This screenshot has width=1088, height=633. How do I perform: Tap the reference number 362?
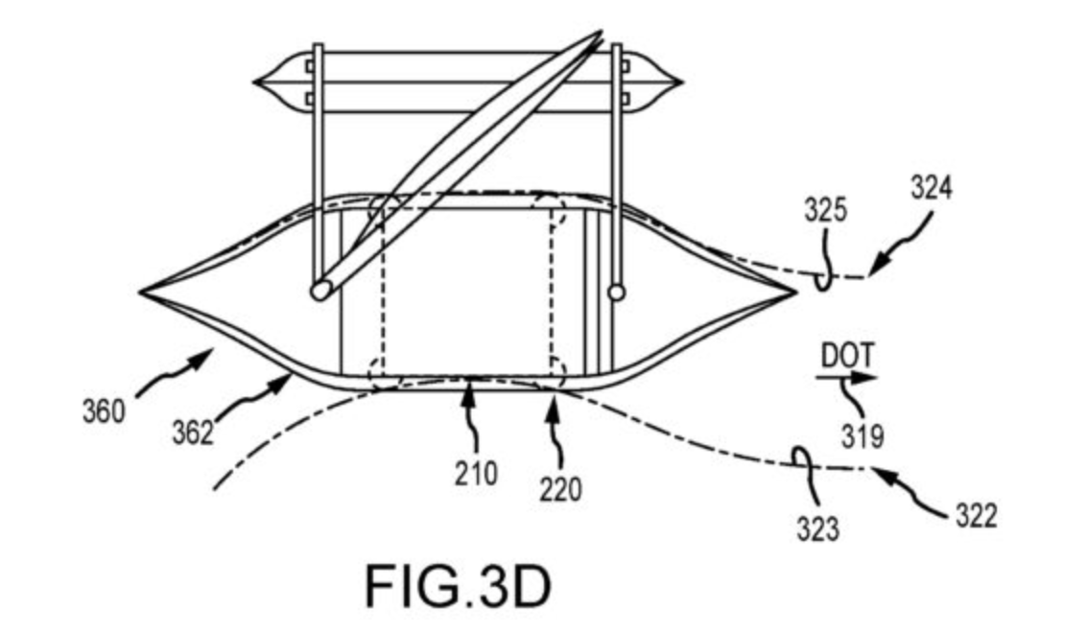pos(193,434)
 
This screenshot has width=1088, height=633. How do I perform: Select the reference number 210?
pos(476,473)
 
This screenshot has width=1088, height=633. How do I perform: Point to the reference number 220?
pos(560,490)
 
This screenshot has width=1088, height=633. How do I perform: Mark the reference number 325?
pos(826,210)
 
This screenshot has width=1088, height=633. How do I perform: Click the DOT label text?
pos(842,356)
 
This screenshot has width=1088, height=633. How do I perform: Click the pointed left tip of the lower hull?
pos(142,290)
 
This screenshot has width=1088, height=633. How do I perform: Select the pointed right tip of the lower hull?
pos(795,290)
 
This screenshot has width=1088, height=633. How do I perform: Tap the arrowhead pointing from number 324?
pos(874,273)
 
